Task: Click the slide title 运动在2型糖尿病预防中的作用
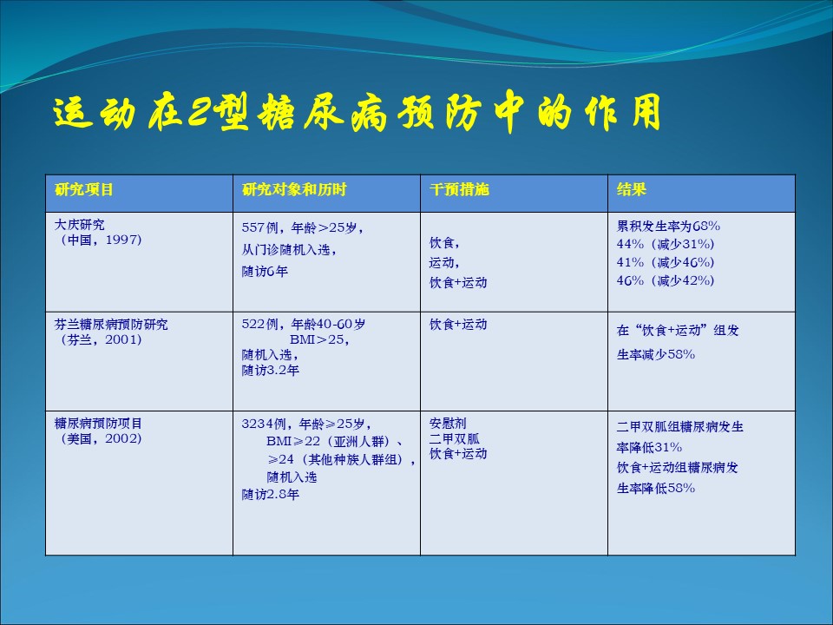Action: coord(357,113)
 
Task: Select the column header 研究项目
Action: coord(84,190)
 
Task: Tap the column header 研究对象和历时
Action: coord(294,190)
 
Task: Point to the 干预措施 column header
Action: coord(459,190)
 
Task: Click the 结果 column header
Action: coord(631,190)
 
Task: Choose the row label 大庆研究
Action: coord(80,225)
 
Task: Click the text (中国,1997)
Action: coord(99,240)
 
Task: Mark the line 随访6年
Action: coord(265,272)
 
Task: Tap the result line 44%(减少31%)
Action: coord(666,244)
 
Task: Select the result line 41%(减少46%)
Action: coord(666,262)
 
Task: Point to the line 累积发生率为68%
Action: coord(668,226)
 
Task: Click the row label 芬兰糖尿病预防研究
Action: coord(111,324)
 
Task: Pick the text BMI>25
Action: coord(319,339)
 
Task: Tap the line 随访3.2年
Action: coord(271,370)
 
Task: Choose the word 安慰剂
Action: coord(448,423)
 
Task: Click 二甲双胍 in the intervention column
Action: coord(454,438)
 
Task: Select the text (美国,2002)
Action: coord(99,439)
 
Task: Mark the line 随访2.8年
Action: coord(271,494)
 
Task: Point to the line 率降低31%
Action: coord(649,447)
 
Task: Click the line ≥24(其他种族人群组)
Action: coord(342,459)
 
